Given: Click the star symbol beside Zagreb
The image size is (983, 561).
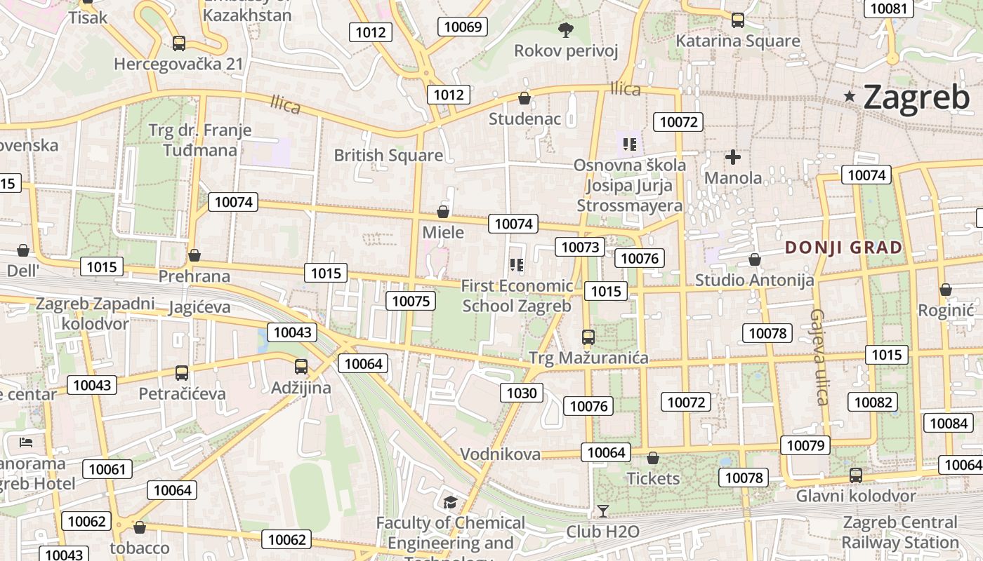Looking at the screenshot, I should pos(850,96).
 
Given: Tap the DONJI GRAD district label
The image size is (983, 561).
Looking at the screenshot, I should pos(843,248).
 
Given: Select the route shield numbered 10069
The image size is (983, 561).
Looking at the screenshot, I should pos(463,27).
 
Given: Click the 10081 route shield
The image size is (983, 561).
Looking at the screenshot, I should pos(888,8).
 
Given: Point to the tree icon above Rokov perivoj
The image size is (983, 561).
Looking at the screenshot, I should pos(565,29).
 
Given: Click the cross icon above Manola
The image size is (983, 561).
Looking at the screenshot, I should pos(733,157).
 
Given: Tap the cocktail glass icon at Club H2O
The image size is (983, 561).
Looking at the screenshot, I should pos(602,511).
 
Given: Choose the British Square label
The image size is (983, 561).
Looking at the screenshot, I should pos(388,155).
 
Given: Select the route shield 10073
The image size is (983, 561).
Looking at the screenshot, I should pos(580,247).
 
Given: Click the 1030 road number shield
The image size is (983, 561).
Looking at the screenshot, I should pos(522,393).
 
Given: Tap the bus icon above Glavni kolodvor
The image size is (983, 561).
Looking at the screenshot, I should pos(856,475).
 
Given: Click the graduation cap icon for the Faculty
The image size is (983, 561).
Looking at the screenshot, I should pos(449,502).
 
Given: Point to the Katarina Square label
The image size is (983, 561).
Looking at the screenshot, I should pos(737,41).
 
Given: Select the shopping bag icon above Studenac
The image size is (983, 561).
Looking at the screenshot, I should pos(524,98).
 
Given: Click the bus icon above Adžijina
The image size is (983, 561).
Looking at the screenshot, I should pos(301,366).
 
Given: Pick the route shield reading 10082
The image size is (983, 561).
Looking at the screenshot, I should pos(873,402).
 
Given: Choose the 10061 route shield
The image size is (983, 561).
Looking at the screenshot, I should pos(107,469).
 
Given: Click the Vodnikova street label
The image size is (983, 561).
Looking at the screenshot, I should pos(500,454).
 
